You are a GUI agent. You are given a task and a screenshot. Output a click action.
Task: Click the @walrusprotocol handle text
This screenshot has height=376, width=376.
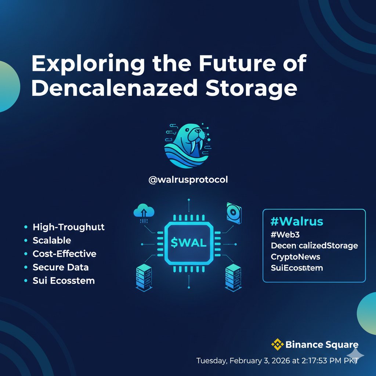[x=188, y=180]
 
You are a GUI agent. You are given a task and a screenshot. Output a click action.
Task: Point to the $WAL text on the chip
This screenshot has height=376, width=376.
[x=189, y=243]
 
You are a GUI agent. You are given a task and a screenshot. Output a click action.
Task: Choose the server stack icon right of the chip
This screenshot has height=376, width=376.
[x=233, y=276]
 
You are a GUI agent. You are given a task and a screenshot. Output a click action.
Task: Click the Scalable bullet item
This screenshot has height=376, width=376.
[x=52, y=241]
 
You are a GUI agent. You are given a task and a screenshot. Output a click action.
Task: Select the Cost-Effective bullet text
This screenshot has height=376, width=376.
[x=64, y=254]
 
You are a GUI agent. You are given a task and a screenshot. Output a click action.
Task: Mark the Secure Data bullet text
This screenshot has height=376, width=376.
[x=61, y=267]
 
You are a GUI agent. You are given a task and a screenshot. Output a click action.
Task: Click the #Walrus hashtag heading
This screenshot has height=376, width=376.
[x=296, y=221]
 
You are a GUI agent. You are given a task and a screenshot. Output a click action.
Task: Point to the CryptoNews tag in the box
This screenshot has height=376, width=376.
[x=295, y=257]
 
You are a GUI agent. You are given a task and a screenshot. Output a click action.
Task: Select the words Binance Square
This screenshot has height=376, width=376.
[x=321, y=345]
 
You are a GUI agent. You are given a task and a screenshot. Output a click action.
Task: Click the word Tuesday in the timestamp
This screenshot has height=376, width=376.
[x=211, y=361]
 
